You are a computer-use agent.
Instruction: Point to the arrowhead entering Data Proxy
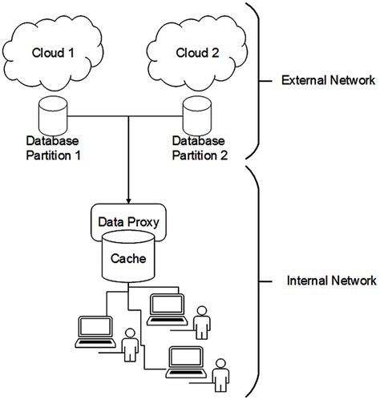[129, 198]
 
